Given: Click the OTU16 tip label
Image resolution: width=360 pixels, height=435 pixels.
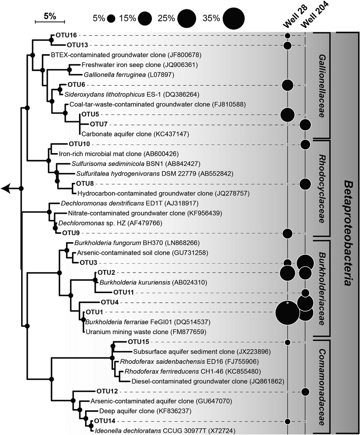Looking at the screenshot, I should pos(64,35).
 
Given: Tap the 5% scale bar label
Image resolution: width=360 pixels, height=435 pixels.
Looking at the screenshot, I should pos(50,16).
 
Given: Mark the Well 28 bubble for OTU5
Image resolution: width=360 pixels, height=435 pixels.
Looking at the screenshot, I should pos(288,114).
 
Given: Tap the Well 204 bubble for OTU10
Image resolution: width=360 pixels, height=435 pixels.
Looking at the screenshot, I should pos(305,144).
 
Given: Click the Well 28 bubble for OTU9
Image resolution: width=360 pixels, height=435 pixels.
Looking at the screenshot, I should pos(288,233).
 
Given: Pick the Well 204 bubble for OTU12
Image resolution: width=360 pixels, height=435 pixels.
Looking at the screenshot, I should pos(305,391).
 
